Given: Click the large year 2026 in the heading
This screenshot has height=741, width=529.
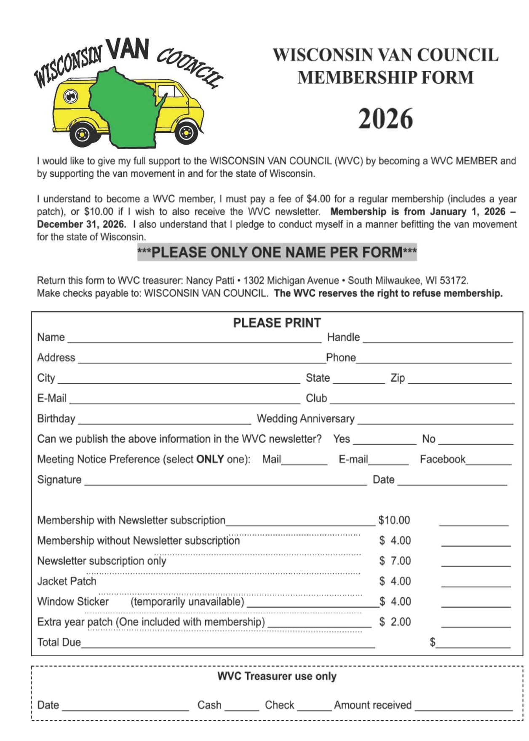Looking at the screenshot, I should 385,119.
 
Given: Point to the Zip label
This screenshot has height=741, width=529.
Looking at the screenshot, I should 398,378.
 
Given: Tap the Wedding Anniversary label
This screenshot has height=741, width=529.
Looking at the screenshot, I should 305,418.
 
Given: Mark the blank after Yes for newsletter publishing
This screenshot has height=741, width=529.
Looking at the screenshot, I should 384,442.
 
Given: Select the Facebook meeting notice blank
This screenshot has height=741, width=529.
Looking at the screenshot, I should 488,463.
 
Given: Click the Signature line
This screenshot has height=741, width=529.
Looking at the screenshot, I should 225,483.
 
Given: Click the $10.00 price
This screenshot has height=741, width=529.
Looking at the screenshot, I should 394,520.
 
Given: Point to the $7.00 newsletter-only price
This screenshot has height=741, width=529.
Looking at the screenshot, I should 395,561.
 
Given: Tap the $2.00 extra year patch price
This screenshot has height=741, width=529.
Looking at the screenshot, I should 395,622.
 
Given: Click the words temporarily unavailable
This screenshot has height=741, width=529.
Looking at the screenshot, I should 187,601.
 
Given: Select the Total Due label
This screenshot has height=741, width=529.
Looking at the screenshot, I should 59,642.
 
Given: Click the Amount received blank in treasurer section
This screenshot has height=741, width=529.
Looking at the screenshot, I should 463,709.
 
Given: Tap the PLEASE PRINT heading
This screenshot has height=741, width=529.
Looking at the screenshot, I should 277,323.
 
